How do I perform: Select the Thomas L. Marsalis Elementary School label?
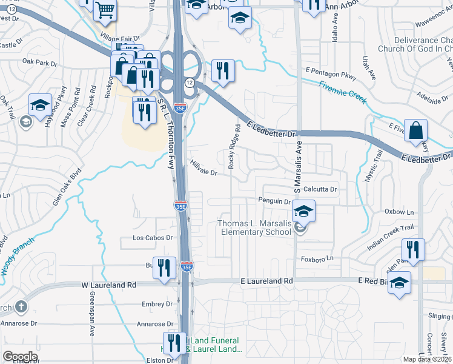click(254, 228)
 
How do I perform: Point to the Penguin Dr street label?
click(275, 201)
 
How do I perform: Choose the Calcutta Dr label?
click(320, 189)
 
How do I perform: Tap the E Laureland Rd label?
click(266, 281)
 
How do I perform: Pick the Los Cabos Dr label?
click(153, 238)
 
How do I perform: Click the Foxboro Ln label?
click(318, 258)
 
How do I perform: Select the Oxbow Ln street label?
click(399, 212)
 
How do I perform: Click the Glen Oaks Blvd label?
click(66, 189)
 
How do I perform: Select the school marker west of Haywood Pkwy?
click(41, 105)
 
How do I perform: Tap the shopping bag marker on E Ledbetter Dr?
click(416, 130)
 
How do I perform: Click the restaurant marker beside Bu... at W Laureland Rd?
click(164, 268)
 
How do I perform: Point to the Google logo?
click(20, 357)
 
